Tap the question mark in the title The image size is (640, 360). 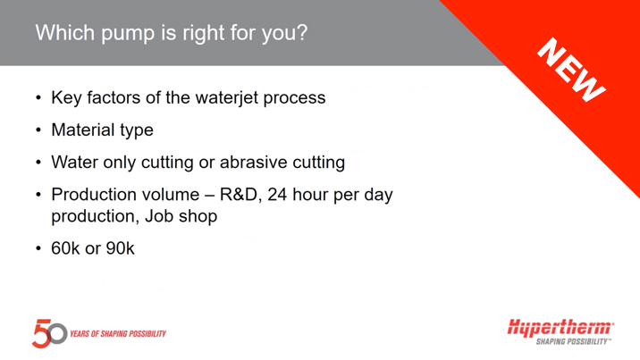point(302,32)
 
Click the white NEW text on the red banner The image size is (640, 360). point(571,70)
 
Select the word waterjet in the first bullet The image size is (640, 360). point(227,98)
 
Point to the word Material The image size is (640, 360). point(83,130)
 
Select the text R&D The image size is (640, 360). point(240,195)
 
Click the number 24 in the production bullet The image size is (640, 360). point(277,195)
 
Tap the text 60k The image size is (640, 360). point(65,248)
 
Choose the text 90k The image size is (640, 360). point(121,248)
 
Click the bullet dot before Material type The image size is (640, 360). point(38,130)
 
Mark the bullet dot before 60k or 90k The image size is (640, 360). point(38,248)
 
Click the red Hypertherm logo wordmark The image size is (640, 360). point(560,328)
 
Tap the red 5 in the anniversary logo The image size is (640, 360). point(41,333)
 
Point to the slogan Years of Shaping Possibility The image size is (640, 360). point(118,334)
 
